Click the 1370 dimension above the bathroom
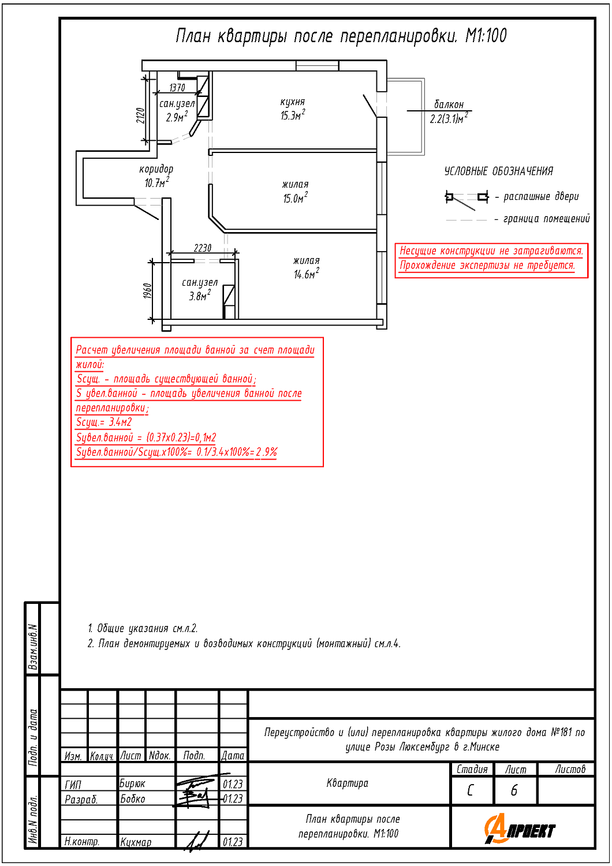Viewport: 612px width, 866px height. tap(177, 88)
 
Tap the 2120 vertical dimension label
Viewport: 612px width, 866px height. tap(140, 115)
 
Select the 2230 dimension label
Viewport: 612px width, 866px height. tap(203, 248)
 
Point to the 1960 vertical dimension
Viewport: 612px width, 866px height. tap(147, 291)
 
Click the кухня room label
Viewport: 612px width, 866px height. tap(293, 102)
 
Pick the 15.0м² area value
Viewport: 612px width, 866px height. tap(296, 197)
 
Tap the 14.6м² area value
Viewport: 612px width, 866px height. tap(306, 273)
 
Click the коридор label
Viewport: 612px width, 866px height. tap(156, 169)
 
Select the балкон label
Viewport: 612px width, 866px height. tap(449, 104)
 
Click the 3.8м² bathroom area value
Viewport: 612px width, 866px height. tap(200, 296)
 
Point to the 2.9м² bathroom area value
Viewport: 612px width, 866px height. tap(177, 117)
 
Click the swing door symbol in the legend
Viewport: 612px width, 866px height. tap(467, 200)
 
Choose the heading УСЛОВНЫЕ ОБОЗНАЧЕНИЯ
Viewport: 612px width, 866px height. tap(499, 171)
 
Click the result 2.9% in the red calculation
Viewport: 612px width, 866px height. tap(266, 451)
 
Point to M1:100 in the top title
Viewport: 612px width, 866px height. tap(486, 36)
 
